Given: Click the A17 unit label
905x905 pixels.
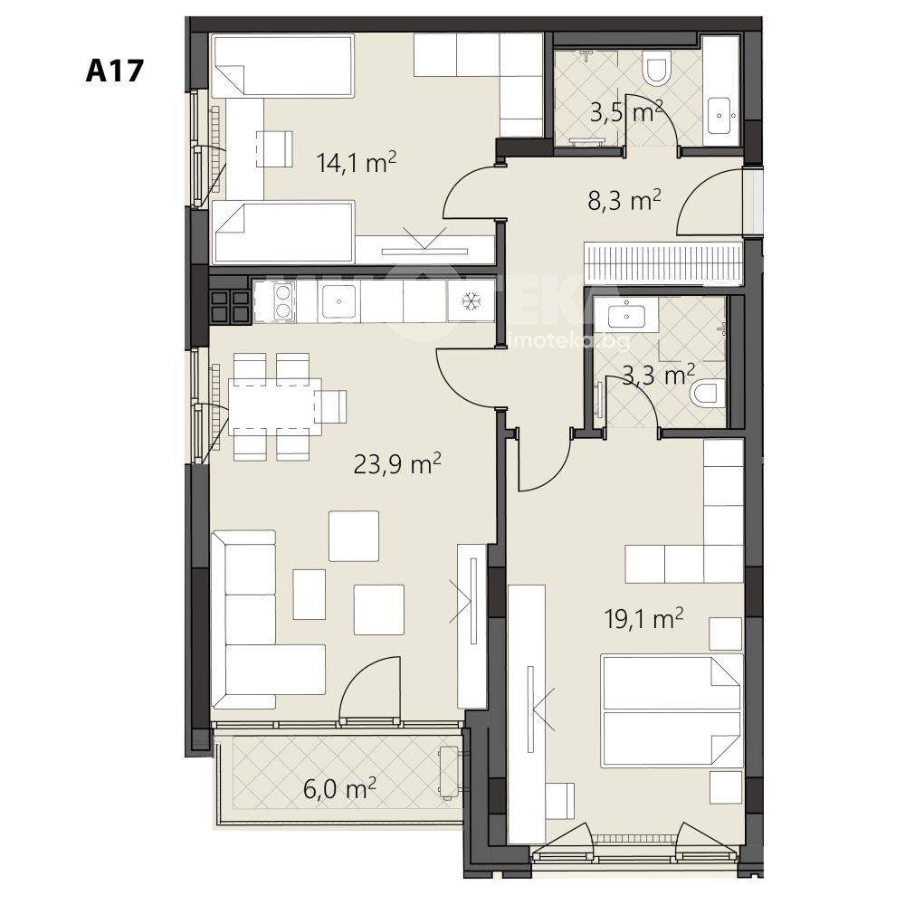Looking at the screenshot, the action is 114,71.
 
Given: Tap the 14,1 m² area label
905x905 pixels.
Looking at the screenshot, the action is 356,162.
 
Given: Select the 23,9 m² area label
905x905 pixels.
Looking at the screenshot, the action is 397,463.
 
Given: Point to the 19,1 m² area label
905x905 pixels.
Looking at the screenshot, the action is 643,619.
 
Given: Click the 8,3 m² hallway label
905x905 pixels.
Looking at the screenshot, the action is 624,202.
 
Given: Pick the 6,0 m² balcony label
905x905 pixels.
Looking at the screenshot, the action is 339,788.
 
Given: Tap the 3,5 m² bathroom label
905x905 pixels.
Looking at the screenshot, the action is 626,112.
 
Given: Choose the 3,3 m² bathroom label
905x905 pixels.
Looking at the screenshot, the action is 659,376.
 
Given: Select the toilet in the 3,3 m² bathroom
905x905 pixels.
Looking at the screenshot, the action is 707,393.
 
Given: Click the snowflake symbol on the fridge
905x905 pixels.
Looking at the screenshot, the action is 472,300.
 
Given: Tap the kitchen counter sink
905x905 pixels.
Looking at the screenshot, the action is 338,300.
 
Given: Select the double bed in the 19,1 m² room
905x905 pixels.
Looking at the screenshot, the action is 672,710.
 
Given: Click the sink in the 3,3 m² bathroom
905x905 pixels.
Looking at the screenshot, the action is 626,315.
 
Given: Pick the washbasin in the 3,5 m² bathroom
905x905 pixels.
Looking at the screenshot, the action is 719,116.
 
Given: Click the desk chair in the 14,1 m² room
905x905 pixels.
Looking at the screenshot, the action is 274,149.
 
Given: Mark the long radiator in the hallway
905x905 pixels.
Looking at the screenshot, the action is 663,263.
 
